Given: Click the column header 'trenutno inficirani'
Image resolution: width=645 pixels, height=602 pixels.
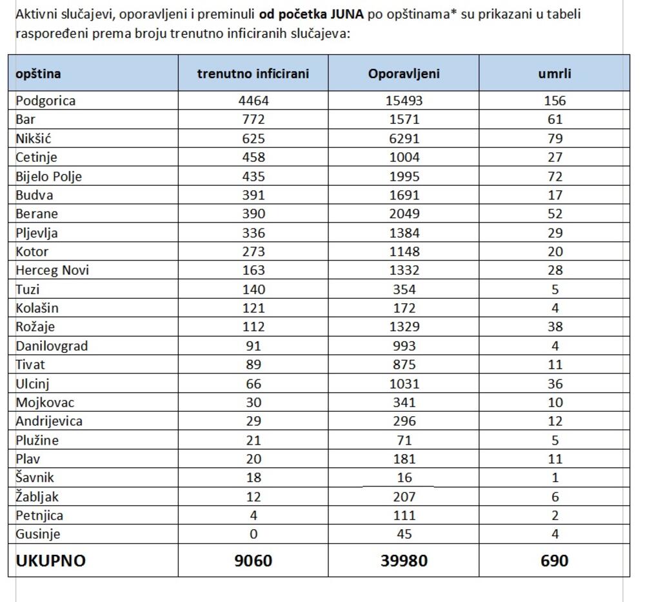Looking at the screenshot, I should coord(253,74).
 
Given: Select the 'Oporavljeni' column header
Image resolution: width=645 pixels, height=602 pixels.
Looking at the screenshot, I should coord(404,74).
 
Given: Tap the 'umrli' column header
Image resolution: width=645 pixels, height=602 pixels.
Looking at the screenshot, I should coord(555,74).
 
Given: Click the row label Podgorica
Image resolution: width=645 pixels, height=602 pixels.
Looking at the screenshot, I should coord(45,101).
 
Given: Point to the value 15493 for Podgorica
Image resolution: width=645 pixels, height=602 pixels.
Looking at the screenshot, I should coord(404,101).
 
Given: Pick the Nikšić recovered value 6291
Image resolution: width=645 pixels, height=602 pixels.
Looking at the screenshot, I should coord(404,138).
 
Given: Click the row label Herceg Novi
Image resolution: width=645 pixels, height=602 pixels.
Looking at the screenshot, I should coord(52,270).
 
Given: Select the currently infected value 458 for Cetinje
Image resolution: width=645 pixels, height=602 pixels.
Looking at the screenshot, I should coord(253,157).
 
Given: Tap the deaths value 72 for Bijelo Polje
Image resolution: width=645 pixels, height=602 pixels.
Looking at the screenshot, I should coord(555,176).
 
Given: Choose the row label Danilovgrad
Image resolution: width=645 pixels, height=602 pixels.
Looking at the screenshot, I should coord(52,346).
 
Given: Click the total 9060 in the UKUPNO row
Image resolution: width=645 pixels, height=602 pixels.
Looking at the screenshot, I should coord(253,561).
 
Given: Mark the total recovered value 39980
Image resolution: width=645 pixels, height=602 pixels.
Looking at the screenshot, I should coord(404,561).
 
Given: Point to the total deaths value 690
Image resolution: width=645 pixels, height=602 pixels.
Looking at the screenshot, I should coord(555,561).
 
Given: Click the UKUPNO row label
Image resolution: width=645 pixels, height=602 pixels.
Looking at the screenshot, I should coord(50,561).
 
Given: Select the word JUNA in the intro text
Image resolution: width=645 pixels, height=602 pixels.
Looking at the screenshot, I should coord(346,14).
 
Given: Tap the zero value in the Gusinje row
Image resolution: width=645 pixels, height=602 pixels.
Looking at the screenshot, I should coord(253,534).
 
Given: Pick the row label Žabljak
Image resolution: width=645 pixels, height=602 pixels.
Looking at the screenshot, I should coord(37,497).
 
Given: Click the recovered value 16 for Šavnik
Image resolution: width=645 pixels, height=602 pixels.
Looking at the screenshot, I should coord(404,478).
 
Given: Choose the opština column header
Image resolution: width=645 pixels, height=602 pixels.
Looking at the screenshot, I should coord(38,74).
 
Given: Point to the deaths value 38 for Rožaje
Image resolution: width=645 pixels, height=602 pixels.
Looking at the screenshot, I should coord(555,327).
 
